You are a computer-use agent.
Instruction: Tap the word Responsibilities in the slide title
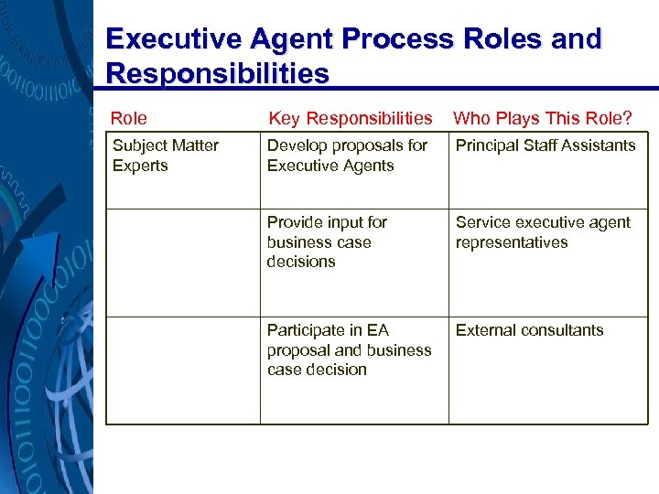point(217,73)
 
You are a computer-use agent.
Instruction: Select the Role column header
point(129,118)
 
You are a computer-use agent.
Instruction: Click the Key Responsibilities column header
point(350,118)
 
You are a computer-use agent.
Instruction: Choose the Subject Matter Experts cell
point(166,156)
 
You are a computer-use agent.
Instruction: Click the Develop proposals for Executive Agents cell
point(347,156)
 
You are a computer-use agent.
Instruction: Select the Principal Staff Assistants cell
point(546,145)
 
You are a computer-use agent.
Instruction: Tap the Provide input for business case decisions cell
point(327,242)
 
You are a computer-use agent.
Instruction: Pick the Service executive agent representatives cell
point(543,232)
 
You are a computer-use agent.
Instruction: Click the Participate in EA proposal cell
point(349,349)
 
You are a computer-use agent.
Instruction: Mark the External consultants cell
point(530,330)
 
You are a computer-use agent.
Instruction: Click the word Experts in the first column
point(140,166)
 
